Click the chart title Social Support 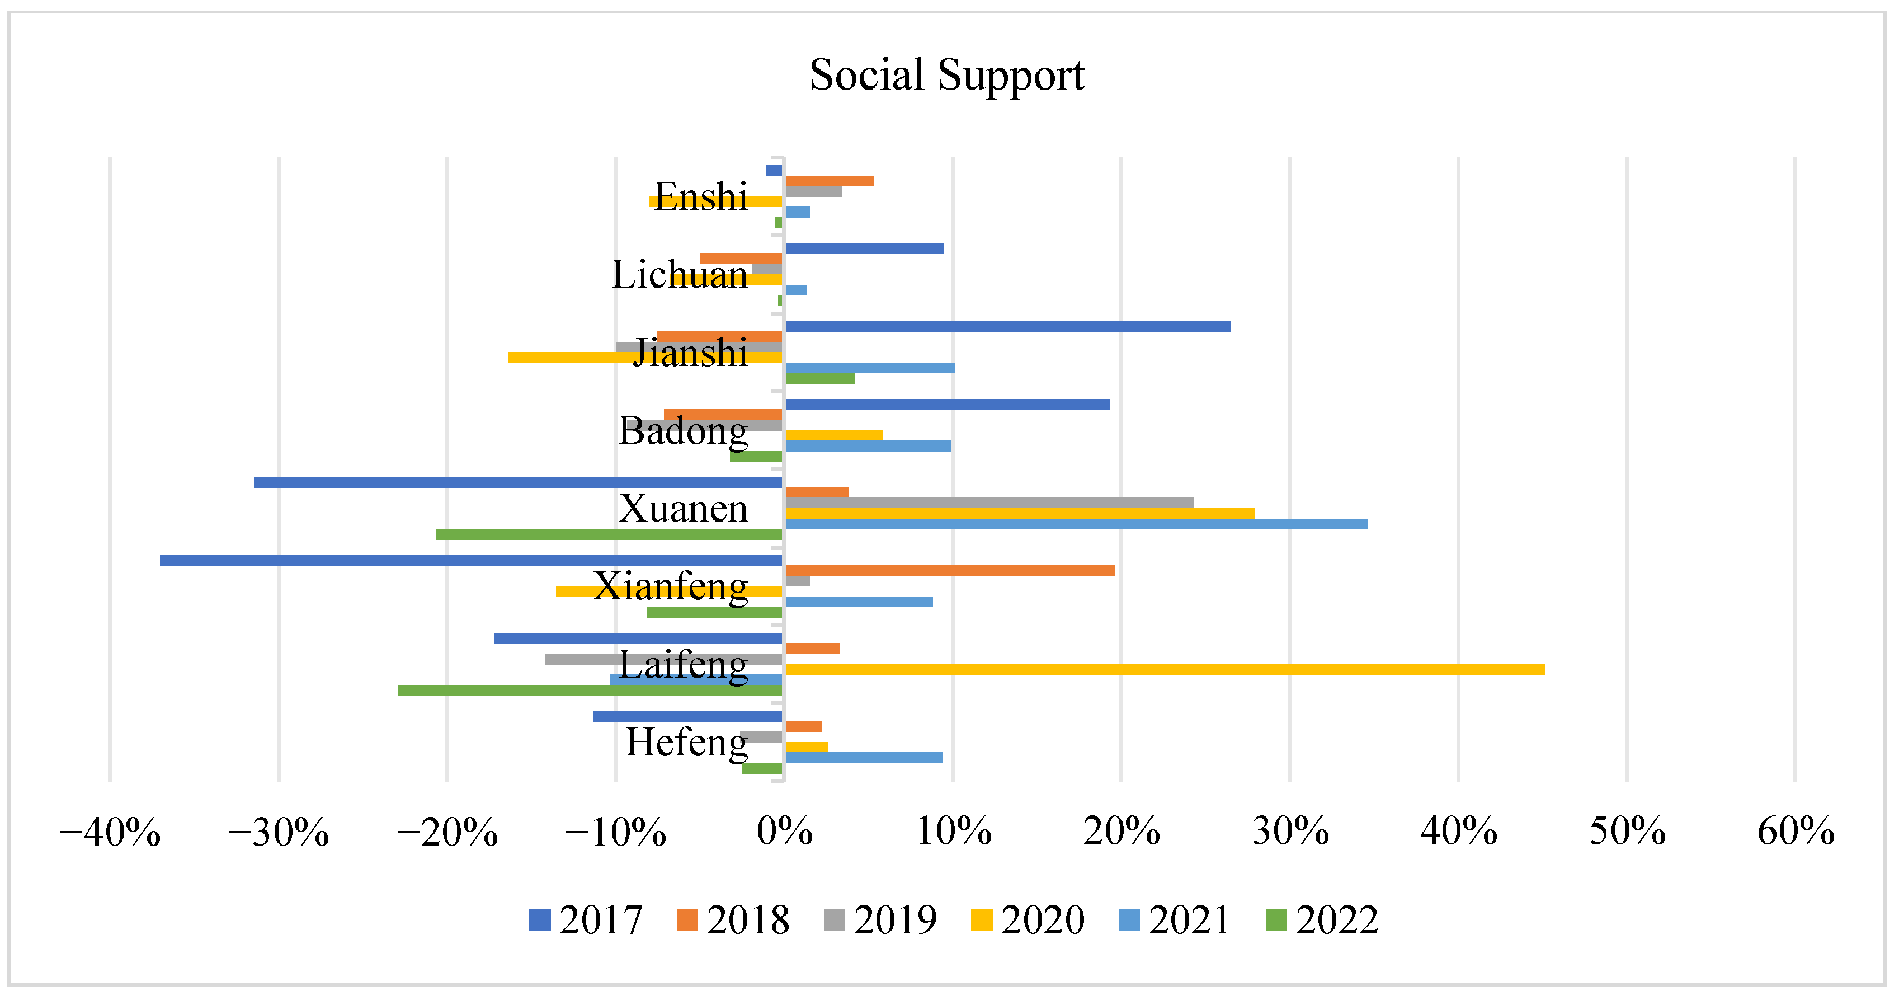pos(946,75)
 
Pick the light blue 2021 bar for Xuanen pos(1076,524)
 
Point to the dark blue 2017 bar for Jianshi pos(1008,327)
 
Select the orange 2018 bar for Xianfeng pos(950,571)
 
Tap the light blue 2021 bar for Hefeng pos(864,757)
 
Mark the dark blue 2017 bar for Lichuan pos(865,248)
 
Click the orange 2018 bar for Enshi pos(830,181)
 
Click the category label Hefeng pos(686,743)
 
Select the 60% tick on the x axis pos(1795,832)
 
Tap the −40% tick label pos(110,832)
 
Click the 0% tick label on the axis pos(784,832)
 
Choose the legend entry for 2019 pos(881,919)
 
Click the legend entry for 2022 pos(1322,919)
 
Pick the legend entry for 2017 pos(586,919)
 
